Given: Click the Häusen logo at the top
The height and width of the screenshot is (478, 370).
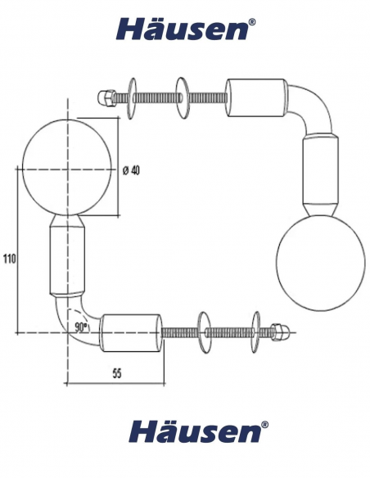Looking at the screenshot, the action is [186, 29].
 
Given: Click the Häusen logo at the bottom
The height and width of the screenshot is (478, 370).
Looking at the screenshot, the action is [198, 431].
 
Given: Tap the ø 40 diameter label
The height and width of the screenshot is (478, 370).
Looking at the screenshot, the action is [132, 170].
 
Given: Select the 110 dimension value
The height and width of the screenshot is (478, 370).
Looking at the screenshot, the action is [9, 259].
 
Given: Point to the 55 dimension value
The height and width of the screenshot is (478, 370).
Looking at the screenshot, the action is [117, 373].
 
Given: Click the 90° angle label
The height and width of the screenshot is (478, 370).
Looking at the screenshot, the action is [81, 327].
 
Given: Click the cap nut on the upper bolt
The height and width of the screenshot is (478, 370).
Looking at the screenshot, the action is [106, 97].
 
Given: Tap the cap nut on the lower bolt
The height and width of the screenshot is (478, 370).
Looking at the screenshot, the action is [278, 331].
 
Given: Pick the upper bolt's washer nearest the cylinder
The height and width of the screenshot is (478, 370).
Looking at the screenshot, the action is [183, 98].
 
